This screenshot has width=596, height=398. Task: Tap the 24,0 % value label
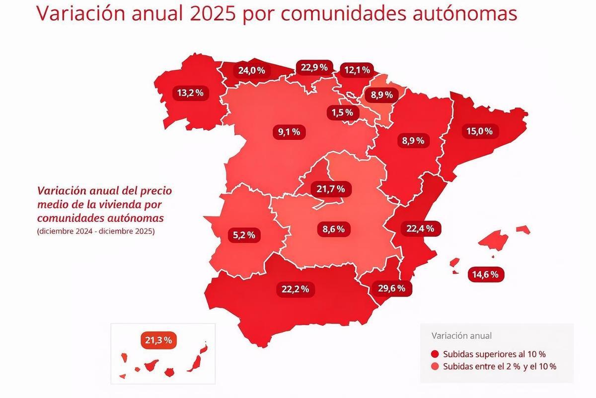pos(251,70)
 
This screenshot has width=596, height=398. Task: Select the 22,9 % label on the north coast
pos(313,68)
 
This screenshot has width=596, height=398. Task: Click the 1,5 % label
pos(343,113)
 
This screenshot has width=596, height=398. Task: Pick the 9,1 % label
pos(289,132)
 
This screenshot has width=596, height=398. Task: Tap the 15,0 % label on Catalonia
pos(479,131)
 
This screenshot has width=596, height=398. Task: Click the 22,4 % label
pos(420,228)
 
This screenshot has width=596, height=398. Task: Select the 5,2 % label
pos(244,235)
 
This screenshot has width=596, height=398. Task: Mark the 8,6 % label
pos(333,229)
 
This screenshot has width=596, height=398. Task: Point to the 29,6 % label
pos(391,288)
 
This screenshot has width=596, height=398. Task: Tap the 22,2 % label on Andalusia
pos(296,289)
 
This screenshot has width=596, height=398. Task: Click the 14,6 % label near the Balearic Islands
pos(486,274)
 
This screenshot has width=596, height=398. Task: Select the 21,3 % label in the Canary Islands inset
pos(159,340)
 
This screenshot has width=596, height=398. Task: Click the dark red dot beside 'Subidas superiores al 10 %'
pos(435,354)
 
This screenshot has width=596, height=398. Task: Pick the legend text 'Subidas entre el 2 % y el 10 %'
pos(499,367)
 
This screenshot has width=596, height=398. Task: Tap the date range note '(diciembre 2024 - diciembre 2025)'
pos(95,231)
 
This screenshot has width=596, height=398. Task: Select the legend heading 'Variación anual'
pos(461,335)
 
